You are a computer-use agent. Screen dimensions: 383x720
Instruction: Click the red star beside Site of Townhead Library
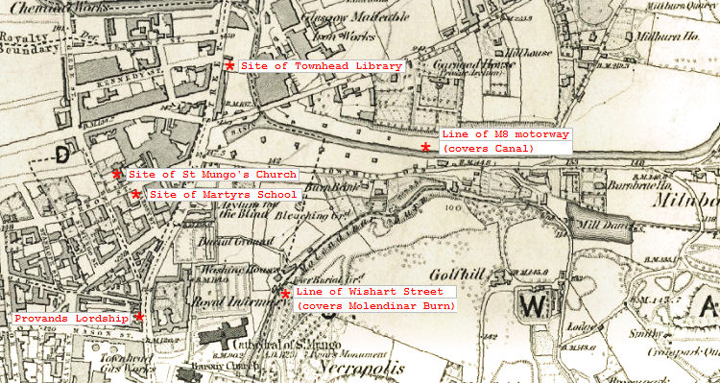click(x=229, y=65)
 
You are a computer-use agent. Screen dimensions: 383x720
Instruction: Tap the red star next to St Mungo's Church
click(x=117, y=175)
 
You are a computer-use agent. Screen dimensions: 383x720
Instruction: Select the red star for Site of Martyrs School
click(x=136, y=194)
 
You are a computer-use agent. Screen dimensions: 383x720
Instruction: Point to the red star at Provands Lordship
click(x=139, y=316)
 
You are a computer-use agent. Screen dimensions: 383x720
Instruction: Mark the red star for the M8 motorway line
click(x=425, y=147)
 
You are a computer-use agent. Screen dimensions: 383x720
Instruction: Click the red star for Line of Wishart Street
click(x=285, y=293)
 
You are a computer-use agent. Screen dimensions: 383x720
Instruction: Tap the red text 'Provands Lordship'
click(x=71, y=318)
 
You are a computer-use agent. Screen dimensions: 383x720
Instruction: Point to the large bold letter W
click(x=534, y=305)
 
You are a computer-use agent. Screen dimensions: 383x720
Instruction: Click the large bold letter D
click(x=62, y=154)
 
